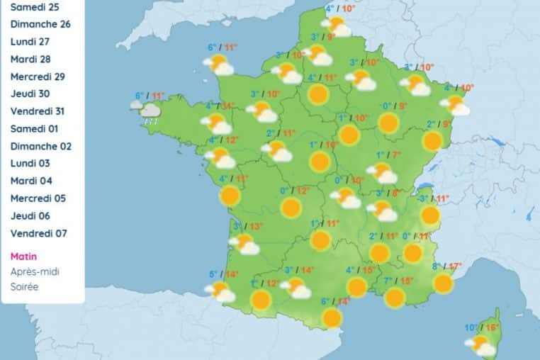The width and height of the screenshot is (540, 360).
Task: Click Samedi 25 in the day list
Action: point(35,6)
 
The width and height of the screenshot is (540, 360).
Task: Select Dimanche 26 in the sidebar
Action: point(40,24)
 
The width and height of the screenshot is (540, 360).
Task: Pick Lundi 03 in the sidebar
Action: point(32,163)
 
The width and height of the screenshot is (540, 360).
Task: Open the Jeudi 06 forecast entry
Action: point(33,215)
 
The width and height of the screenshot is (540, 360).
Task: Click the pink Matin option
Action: point(24,257)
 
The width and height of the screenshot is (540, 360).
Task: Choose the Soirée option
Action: point(25,287)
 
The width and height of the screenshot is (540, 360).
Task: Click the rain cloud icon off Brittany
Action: point(150,111)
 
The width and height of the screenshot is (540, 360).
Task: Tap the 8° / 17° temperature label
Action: point(446,267)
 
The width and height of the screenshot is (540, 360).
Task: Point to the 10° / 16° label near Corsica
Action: point(482,328)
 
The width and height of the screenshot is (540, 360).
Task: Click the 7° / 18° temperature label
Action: point(398,281)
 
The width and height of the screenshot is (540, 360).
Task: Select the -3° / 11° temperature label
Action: point(434,199)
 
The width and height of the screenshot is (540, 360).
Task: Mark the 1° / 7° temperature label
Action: point(388,155)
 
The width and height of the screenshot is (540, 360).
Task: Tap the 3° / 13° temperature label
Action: point(248,227)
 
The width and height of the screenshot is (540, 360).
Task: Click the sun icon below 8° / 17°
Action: point(444,283)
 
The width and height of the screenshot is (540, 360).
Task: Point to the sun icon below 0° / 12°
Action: point(291,208)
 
